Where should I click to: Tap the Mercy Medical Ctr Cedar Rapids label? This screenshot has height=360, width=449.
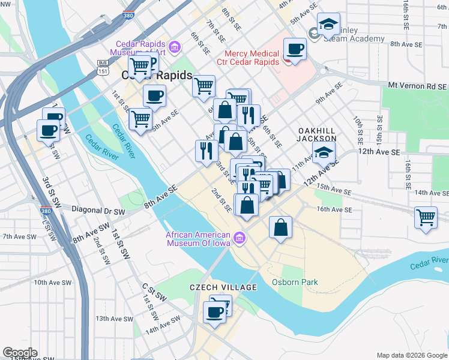(251, 58)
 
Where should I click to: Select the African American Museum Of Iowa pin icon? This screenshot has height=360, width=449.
(240, 239)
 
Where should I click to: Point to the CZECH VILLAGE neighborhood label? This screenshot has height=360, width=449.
(223, 287)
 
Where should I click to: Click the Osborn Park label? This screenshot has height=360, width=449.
(295, 282)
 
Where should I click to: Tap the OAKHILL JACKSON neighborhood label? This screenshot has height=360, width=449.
(317, 134)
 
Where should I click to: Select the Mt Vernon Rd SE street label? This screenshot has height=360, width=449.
(417, 86)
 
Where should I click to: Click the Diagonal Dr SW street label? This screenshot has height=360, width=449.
(98, 211)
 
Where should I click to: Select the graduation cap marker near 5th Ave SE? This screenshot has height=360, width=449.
(328, 24)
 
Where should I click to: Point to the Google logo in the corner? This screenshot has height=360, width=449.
(19, 353)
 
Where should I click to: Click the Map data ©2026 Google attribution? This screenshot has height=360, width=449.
(412, 355)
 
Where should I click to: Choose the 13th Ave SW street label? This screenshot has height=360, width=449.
(109, 318)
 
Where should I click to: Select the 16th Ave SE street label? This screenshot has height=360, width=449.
(334, 209)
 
